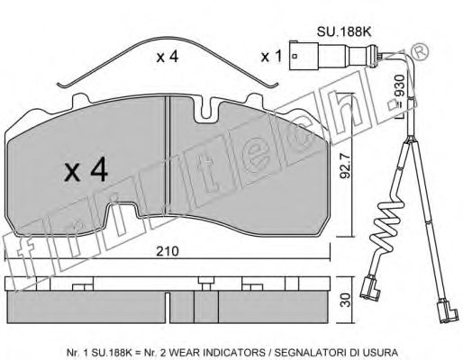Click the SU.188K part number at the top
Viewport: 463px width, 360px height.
(344, 31)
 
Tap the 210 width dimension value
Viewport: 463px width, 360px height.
(168, 251)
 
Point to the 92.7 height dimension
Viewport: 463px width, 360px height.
(345, 166)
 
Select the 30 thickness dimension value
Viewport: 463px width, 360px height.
(346, 300)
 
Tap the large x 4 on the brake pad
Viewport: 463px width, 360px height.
(86, 169)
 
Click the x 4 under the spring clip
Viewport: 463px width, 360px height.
(168, 57)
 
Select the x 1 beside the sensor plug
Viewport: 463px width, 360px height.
(271, 56)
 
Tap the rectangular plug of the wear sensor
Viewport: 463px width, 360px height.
(304, 56)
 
